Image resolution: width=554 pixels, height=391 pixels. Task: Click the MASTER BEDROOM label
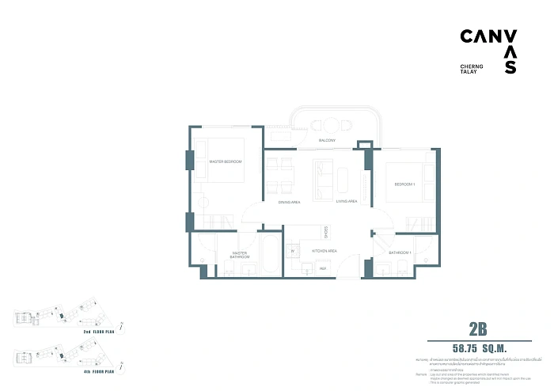[x=226, y=161]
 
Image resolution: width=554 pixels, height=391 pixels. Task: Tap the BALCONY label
[x=328, y=141]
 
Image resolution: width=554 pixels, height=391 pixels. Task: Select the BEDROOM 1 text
[x=406, y=184]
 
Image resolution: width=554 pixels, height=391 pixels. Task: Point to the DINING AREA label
[x=289, y=203]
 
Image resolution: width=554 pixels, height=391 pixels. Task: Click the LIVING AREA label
[x=347, y=202]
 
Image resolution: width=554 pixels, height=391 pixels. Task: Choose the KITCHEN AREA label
[x=326, y=250]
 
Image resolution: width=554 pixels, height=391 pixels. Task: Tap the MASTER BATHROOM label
[x=240, y=255]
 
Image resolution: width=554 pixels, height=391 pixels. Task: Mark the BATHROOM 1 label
[x=399, y=252]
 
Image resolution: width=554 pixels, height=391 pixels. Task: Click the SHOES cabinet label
[x=325, y=232]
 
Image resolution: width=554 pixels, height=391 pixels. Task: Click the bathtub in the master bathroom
[x=268, y=255]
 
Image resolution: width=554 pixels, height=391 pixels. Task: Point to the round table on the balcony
[x=327, y=125]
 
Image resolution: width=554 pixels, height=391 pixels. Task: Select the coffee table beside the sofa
[x=343, y=180]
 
